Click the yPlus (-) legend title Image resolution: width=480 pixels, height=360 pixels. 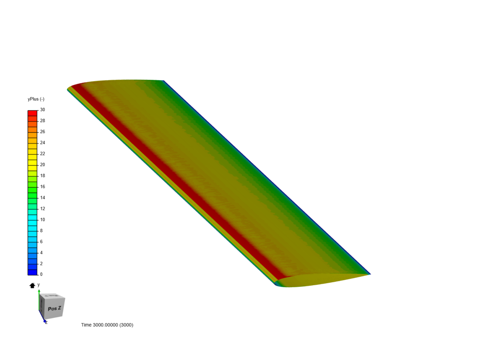click(36, 99)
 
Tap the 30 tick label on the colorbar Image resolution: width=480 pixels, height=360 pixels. click(42, 110)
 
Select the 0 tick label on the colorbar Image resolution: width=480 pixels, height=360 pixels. click(41, 274)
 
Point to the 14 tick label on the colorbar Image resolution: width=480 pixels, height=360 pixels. click(42, 198)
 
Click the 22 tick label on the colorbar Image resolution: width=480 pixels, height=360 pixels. click(42, 154)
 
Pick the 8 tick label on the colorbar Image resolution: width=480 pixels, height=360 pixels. click(41, 231)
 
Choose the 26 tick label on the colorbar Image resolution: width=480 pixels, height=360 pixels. click(42, 132)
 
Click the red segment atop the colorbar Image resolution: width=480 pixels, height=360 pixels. click(32, 113)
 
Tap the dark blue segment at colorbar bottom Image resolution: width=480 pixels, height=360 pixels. click(32, 272)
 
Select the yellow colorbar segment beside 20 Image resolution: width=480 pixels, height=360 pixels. click(32, 163)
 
